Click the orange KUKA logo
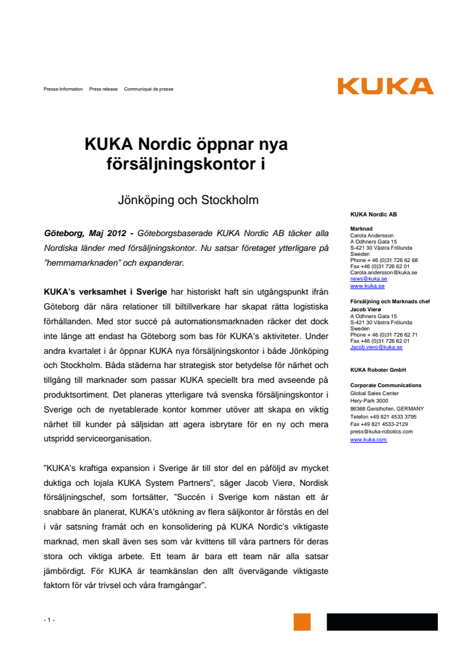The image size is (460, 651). [385, 86]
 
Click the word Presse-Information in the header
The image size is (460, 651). [63, 89]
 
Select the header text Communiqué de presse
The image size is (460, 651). [149, 89]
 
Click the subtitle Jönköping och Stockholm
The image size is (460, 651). [187, 200]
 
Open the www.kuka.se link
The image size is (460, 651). [368, 286]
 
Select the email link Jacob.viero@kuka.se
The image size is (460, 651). [376, 347]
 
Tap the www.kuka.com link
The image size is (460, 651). [368, 440]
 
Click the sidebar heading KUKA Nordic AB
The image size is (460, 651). [373, 215]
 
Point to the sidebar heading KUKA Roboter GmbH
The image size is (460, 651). [378, 370]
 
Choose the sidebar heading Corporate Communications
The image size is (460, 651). [385, 385]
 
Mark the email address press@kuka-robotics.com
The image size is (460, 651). [382, 432]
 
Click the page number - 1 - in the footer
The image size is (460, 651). [49, 620]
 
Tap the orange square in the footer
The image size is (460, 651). [302, 621]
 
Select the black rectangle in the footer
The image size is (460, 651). [382, 621]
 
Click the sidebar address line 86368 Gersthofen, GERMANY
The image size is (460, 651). [385, 409]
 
